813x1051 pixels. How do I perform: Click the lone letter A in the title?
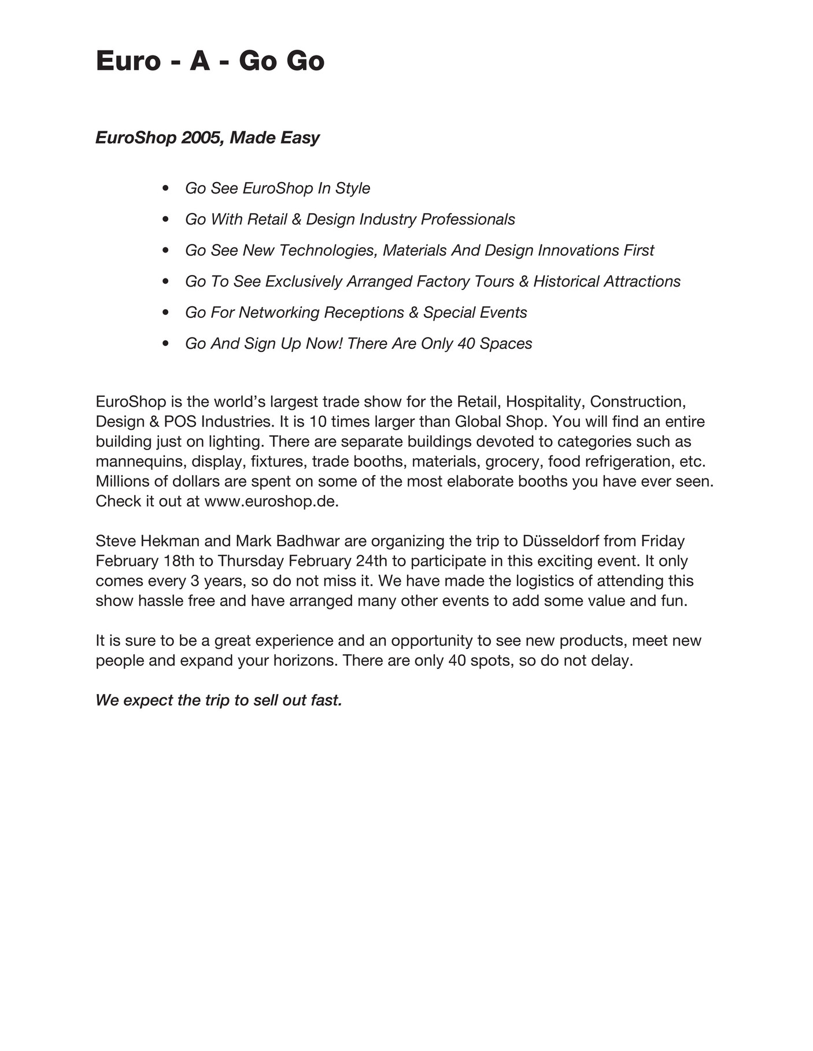click(x=199, y=61)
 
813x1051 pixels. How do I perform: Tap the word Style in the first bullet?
click(x=353, y=188)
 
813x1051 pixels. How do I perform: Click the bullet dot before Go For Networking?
click(x=166, y=313)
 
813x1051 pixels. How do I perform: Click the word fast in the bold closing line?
click(x=326, y=700)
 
